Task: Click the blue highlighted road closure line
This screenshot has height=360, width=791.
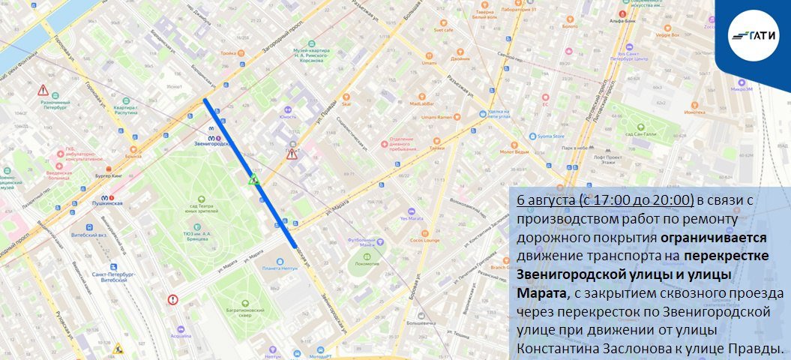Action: tap(249, 172)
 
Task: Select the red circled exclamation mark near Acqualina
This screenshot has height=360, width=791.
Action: tap(173, 300)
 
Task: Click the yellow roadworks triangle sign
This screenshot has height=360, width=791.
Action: tap(118, 349)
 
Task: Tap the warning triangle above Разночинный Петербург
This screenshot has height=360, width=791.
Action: tap(43, 91)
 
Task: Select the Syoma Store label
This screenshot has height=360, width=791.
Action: tap(551, 136)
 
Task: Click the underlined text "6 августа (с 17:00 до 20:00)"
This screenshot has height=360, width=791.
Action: tap(605, 200)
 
